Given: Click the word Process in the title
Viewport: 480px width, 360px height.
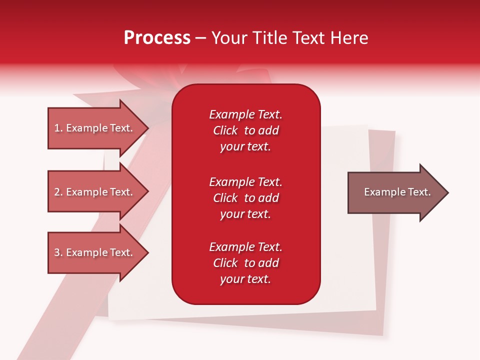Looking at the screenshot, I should coord(157,38).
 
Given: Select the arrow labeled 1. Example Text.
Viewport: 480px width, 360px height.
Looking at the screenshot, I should coord(95,128).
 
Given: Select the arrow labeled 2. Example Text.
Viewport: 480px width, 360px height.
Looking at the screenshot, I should coord(95,192).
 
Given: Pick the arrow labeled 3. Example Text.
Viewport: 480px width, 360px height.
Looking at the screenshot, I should coord(95,252).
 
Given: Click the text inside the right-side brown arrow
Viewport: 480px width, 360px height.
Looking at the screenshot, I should coord(397,192).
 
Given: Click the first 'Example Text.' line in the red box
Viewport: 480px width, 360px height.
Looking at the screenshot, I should coord(245,114).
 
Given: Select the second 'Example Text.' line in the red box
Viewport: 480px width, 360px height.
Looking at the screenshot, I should coord(245,181).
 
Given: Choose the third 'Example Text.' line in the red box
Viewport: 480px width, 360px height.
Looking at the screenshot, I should coord(245,247).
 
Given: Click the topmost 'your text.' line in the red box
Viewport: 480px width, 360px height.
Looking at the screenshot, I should coord(245,146).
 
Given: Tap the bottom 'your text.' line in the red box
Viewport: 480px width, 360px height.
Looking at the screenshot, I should coord(245,279).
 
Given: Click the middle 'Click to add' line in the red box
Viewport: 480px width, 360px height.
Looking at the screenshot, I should coord(245,198).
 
